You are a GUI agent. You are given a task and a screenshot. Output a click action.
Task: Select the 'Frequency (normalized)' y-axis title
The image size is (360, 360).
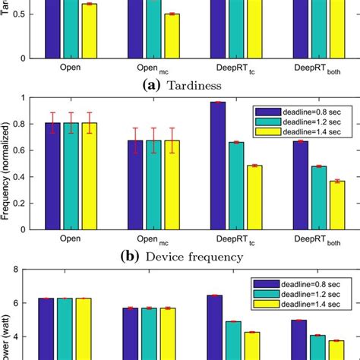click(6, 163)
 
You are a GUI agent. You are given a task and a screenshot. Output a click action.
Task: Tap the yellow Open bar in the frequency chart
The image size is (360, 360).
click(90, 175)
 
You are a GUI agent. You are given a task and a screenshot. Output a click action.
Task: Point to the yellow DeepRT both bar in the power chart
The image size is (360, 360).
click(335, 349)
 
